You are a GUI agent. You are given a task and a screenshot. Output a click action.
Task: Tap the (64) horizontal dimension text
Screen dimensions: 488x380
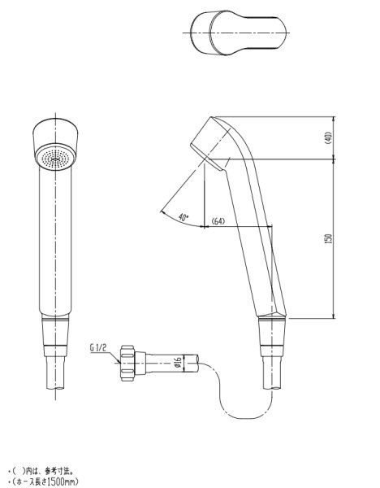pos(218,221)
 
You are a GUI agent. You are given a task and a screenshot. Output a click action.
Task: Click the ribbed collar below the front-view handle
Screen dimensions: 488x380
pos(55,333)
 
